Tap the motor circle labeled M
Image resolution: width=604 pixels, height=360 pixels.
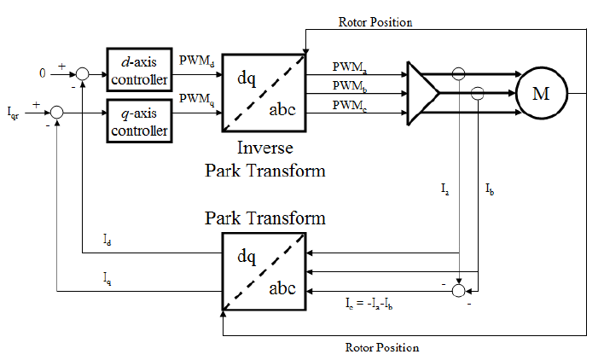pyautogui.click(x=540, y=92)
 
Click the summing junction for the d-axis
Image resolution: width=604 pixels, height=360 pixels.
pyautogui.click(x=82, y=75)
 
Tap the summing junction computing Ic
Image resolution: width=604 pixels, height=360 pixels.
pyautogui.click(x=459, y=291)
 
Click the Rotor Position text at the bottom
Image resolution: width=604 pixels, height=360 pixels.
pyautogui.click(x=381, y=347)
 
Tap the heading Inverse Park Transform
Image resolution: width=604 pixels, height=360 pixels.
pyautogui.click(x=264, y=160)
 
